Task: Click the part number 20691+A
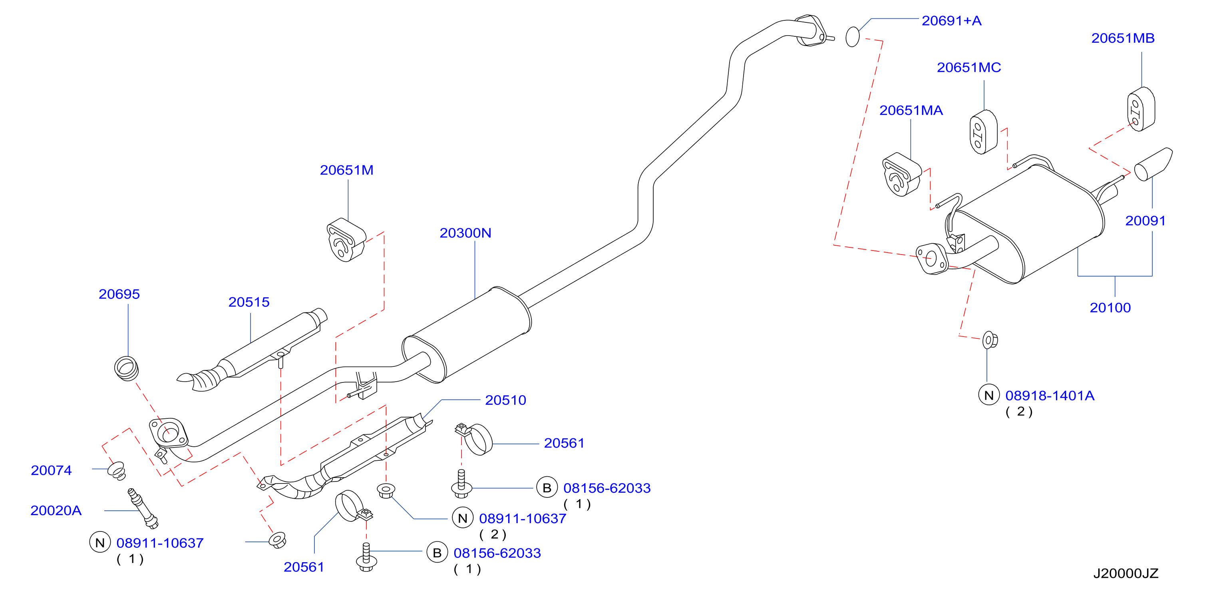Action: pyautogui.click(x=951, y=21)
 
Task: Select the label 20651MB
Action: pyautogui.click(x=1123, y=38)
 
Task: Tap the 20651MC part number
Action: pyautogui.click(x=968, y=68)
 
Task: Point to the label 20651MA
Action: pyautogui.click(x=911, y=111)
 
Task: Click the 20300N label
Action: pyautogui.click(x=465, y=233)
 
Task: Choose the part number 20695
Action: pyautogui.click(x=119, y=295)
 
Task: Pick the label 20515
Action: pyautogui.click(x=249, y=302)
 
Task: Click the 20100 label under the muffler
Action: pyautogui.click(x=1110, y=308)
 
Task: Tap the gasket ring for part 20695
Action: pyautogui.click(x=126, y=368)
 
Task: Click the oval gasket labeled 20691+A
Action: pyautogui.click(x=852, y=37)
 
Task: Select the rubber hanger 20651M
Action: pyautogui.click(x=346, y=240)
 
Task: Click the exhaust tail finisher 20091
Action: pyautogui.click(x=1153, y=164)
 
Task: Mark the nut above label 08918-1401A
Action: pyautogui.click(x=990, y=340)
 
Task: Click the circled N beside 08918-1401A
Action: pyautogui.click(x=989, y=396)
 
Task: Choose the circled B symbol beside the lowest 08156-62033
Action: pyautogui.click(x=437, y=553)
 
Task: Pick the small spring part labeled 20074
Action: pyautogui.click(x=116, y=471)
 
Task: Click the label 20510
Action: pyautogui.click(x=505, y=401)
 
